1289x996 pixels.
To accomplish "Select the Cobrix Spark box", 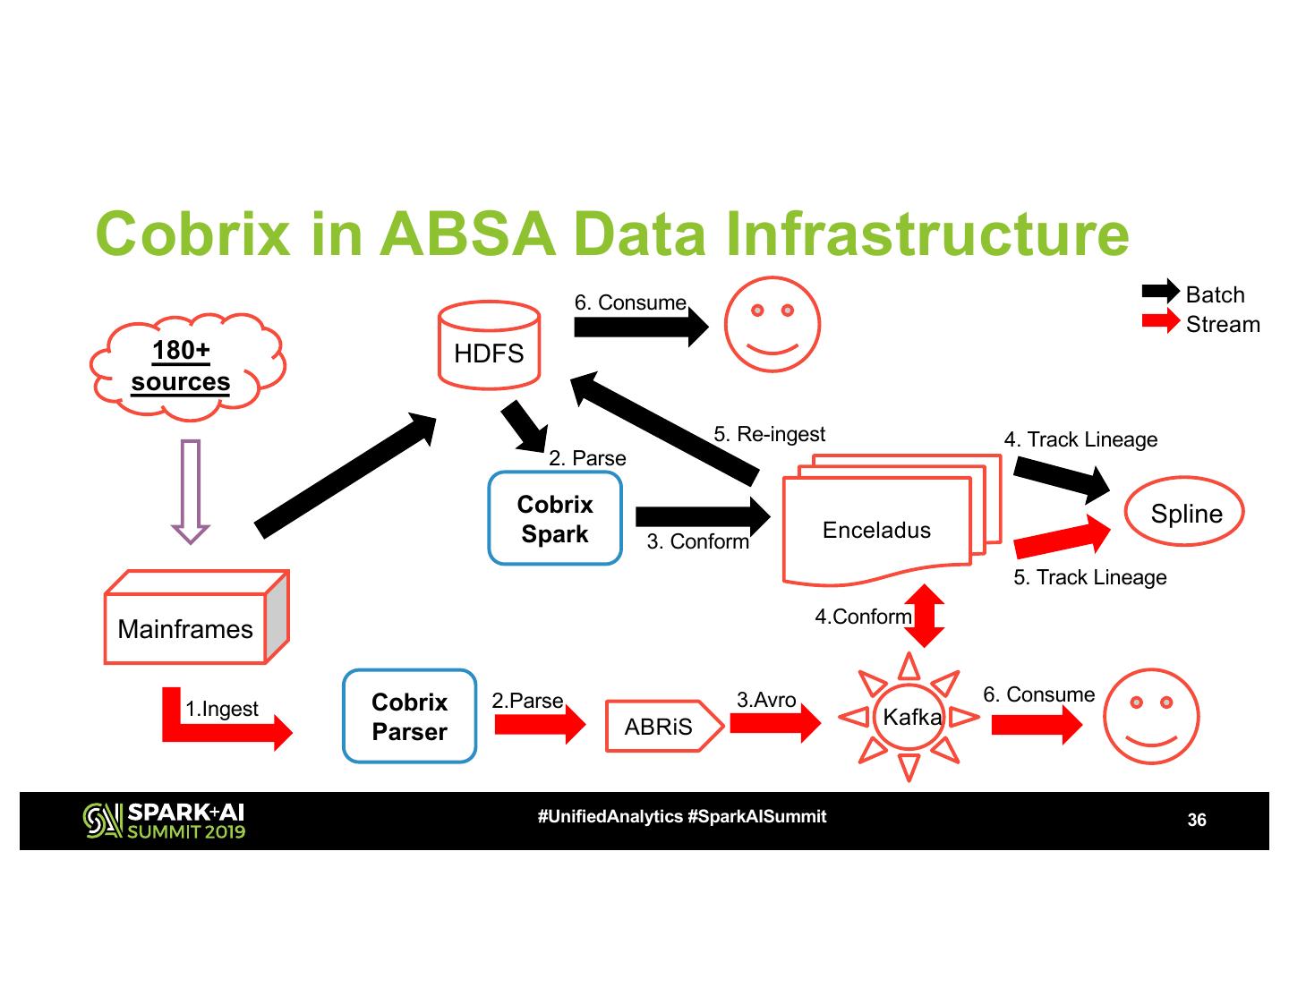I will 555,519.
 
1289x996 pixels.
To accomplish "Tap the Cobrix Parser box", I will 409,717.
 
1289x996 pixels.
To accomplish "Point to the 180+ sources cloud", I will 184,366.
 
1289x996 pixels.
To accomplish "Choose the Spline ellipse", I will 1185,514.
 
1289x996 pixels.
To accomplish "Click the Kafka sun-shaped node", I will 909,717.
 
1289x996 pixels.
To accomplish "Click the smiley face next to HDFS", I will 772,325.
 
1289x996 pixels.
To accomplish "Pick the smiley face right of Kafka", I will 1150,717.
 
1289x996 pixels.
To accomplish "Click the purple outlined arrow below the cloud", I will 191,491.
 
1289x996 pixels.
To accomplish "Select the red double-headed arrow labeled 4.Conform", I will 925,616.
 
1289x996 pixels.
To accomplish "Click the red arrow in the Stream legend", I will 1161,321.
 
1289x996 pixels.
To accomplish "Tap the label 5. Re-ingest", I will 769,435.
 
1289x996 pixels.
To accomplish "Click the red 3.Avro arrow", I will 775,722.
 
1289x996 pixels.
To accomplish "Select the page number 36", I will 1196,821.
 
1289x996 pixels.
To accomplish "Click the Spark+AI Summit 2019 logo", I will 164,821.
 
